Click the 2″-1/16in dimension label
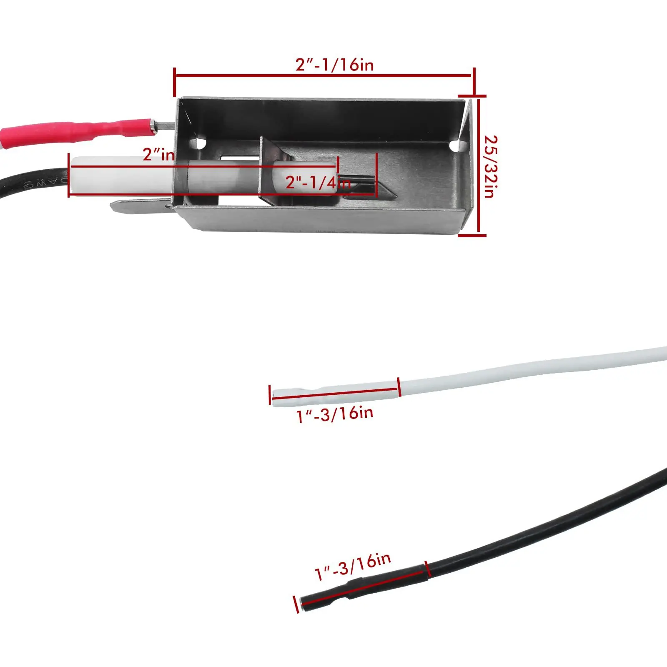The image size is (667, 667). point(334,65)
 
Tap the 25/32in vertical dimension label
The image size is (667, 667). point(490,167)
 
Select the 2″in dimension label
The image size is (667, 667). point(158,155)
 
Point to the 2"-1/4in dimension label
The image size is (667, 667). point(318,183)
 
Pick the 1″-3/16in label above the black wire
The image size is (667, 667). point(353,567)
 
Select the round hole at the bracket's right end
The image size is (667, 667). point(455,146)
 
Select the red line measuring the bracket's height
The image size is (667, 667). point(479,167)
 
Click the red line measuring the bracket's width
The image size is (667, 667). point(323,76)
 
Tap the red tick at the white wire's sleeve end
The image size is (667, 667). point(399,387)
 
